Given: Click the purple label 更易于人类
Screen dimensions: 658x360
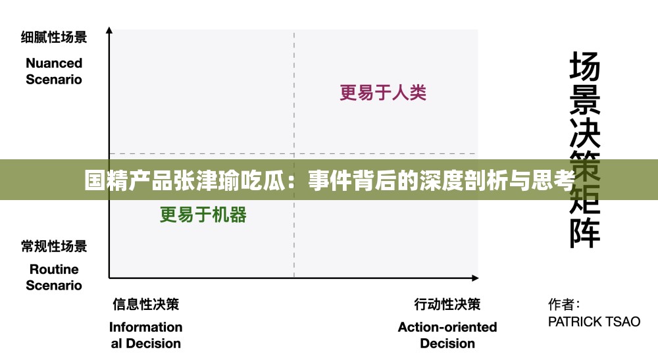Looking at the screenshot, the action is pyautogui.click(x=383, y=93).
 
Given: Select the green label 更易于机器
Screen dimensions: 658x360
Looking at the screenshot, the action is pyautogui.click(x=203, y=215).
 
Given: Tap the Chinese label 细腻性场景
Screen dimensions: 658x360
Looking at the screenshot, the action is pyautogui.click(x=54, y=38).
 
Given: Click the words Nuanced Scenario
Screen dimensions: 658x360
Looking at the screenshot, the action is pyautogui.click(x=54, y=71).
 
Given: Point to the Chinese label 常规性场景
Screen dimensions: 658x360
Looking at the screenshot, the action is pyautogui.click(x=54, y=247).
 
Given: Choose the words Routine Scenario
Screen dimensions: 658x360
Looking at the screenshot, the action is pyautogui.click(x=54, y=277).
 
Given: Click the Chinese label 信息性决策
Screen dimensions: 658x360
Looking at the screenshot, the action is pyautogui.click(x=145, y=304).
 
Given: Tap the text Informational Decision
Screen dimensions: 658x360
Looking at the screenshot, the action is pyautogui.click(x=145, y=335).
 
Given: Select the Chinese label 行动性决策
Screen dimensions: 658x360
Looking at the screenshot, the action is pyautogui.click(x=447, y=304).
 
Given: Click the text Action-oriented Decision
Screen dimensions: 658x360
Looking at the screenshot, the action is pyautogui.click(x=447, y=335).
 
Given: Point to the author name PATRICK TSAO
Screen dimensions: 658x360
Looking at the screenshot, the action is pyautogui.click(x=594, y=322).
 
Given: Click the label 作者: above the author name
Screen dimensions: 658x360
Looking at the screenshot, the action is pyautogui.click(x=564, y=305).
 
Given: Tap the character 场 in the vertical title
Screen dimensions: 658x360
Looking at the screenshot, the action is pyautogui.click(x=584, y=67).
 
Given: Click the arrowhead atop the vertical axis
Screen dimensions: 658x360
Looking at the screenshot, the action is pyautogui.click(x=109, y=30).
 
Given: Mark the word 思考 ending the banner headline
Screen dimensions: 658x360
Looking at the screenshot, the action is pyautogui.click(x=554, y=180).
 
